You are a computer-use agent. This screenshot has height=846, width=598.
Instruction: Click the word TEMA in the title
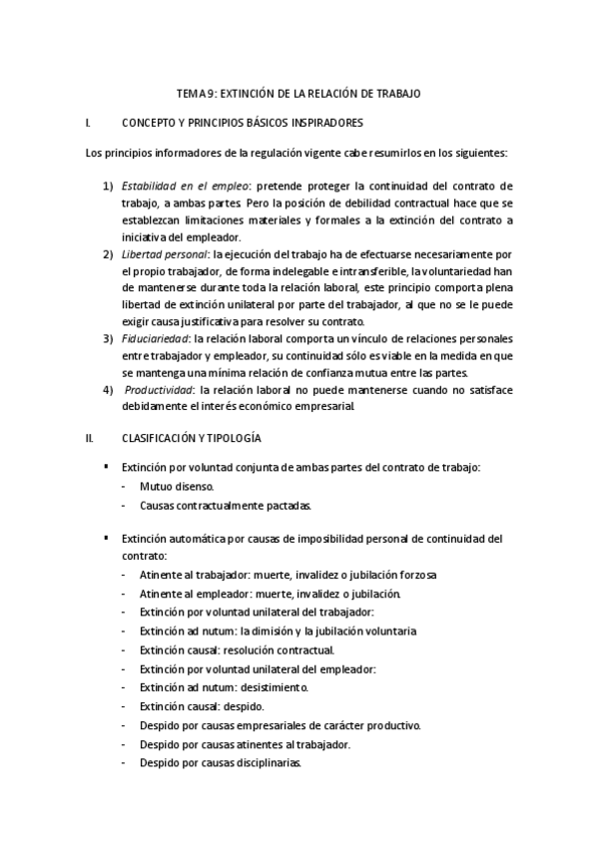[190, 93]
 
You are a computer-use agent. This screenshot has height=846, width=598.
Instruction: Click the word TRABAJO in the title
[397, 93]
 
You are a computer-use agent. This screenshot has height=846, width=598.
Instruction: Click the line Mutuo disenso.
[177, 488]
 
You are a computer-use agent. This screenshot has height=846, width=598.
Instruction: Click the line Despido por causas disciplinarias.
[221, 763]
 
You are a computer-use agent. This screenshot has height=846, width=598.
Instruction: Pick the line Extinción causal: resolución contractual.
[223, 649]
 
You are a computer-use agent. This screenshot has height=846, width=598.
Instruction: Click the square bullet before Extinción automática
[106, 538]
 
